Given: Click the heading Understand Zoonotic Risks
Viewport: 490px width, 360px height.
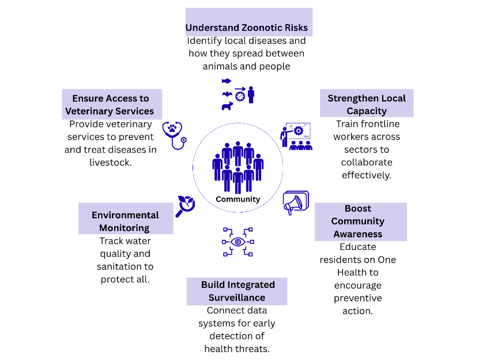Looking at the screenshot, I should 247,28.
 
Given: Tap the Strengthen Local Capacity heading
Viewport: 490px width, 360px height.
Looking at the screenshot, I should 367,104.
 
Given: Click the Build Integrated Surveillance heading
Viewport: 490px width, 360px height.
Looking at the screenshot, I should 238,291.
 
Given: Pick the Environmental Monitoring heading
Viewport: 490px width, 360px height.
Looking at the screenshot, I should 125,221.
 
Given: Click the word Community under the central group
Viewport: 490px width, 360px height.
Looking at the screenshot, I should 238,199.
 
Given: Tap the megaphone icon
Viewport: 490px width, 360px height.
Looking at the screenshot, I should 296,203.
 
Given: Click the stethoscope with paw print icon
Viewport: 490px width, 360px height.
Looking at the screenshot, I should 174,134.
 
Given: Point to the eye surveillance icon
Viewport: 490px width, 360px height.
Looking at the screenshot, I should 238,241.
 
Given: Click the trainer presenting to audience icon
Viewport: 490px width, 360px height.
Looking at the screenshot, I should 296,137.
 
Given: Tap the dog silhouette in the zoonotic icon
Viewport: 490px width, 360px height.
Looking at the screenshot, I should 227,106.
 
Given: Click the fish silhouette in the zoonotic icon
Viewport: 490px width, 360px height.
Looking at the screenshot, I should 227,81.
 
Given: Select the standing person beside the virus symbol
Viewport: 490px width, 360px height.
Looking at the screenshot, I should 251,94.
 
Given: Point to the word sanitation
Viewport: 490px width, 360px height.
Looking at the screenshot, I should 120,266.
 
